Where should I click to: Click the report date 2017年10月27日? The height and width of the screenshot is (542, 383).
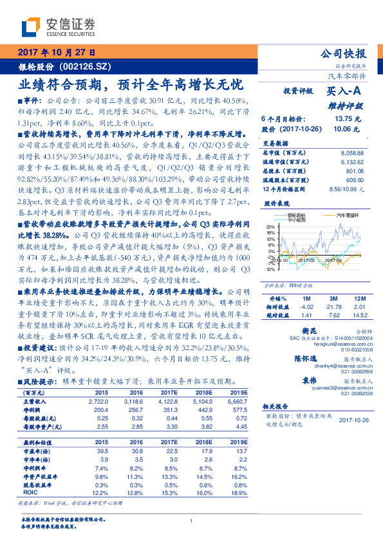pyautogui.click(x=57, y=52)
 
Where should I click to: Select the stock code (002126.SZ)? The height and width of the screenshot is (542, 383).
pyautogui.click(x=89, y=66)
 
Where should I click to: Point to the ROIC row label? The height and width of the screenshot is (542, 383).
pyautogui.click(x=30, y=492)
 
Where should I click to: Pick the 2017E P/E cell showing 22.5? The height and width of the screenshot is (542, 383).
pyautogui.click(x=169, y=451)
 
